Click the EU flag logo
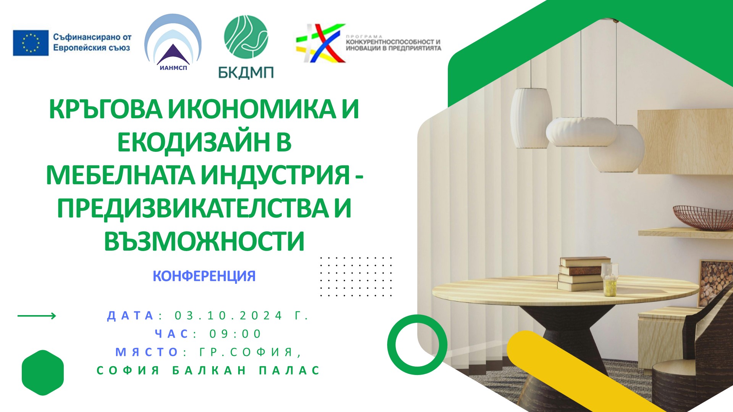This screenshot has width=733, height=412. pyautogui.click(x=31, y=43)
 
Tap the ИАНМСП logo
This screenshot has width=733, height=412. pyautogui.click(x=173, y=42)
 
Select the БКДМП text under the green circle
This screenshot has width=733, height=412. pyautogui.click(x=246, y=72)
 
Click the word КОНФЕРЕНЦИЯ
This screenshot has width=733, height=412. pyautogui.click(x=204, y=276)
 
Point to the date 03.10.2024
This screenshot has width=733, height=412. pyautogui.click(x=228, y=316)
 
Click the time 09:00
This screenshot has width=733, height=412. pyautogui.click(x=235, y=334)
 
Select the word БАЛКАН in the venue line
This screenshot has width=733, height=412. pyautogui.click(x=209, y=370)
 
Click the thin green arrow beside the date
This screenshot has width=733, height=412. pyautogui.click(x=37, y=316)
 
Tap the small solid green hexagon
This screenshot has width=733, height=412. pyautogui.click(x=43, y=373)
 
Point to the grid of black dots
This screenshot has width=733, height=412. pyautogui.click(x=356, y=277)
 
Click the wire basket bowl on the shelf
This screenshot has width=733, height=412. pyautogui.click(x=702, y=217)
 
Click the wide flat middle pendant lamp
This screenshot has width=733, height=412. pyautogui.click(x=581, y=132)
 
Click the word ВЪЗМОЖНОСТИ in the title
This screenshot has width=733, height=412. pyautogui.click(x=204, y=241)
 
